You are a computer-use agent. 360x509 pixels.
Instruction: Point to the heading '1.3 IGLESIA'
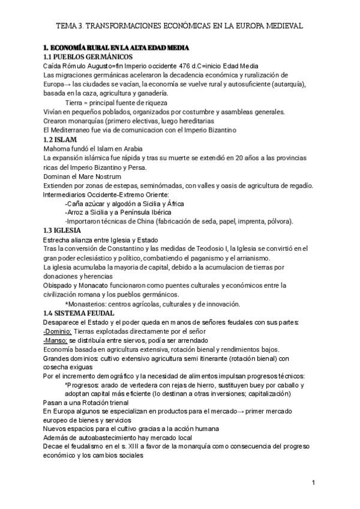click(x=64, y=230)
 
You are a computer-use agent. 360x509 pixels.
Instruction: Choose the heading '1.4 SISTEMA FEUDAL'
click(x=78, y=313)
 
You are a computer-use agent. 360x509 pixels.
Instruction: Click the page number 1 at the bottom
click(x=313, y=483)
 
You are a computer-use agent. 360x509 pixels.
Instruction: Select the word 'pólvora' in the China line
click(x=280, y=221)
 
